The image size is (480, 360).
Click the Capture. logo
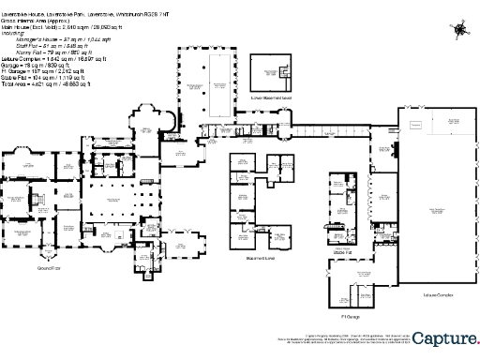tap(446, 338)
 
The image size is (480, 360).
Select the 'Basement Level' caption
tap(258, 258)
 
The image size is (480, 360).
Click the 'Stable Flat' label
tap(342, 251)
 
